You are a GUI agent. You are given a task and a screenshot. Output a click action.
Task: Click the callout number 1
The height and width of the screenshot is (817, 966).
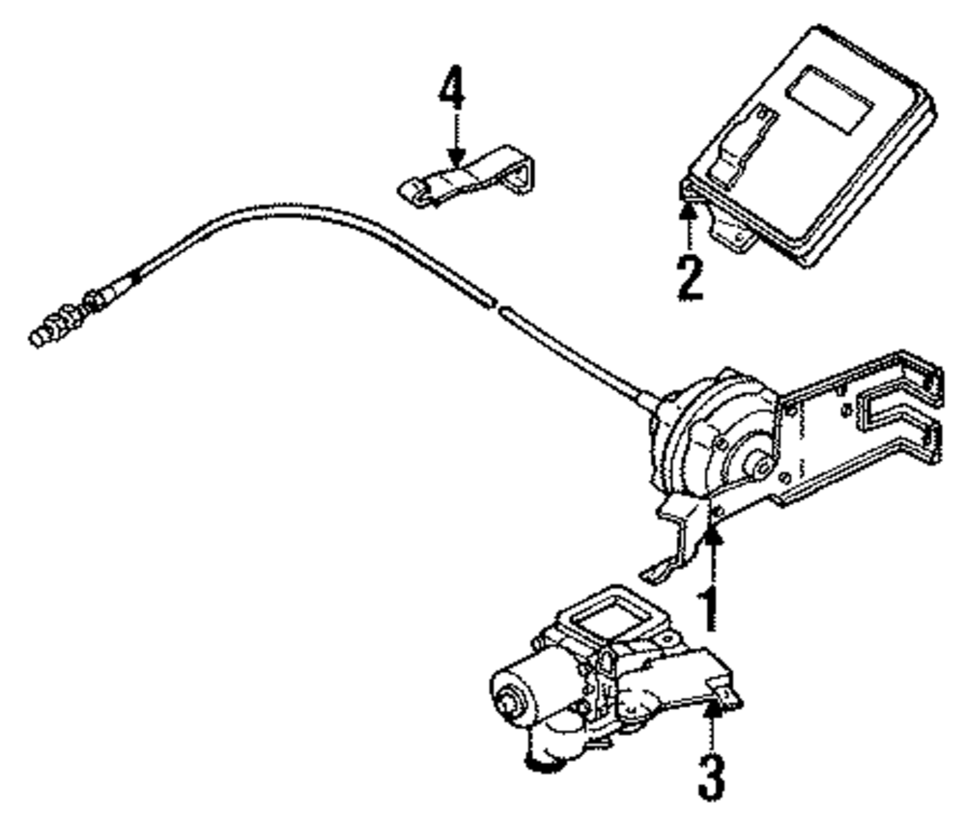[710, 605]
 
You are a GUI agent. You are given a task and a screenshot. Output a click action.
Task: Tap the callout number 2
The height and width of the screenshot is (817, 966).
[688, 274]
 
